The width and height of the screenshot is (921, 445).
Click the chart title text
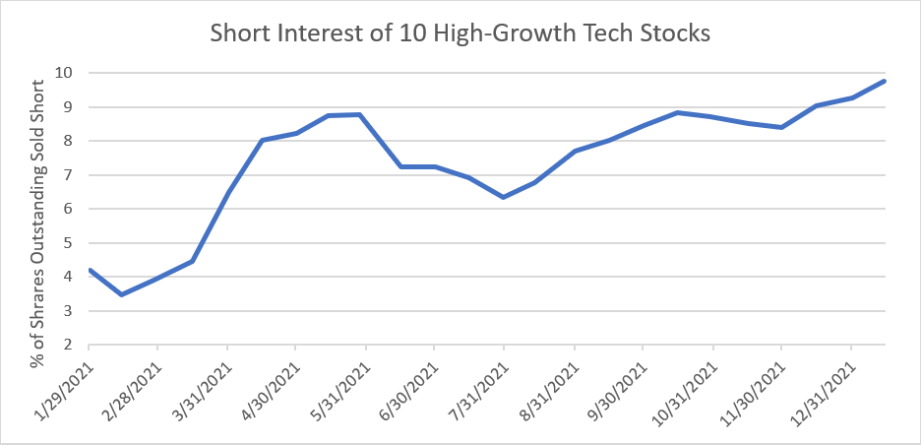[460, 32]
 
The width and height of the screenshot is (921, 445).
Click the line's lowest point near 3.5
[121, 294]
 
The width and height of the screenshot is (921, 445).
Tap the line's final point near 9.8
[885, 81]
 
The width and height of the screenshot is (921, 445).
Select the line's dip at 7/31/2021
[504, 197]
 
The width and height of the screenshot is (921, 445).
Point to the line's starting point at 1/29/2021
[90, 270]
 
